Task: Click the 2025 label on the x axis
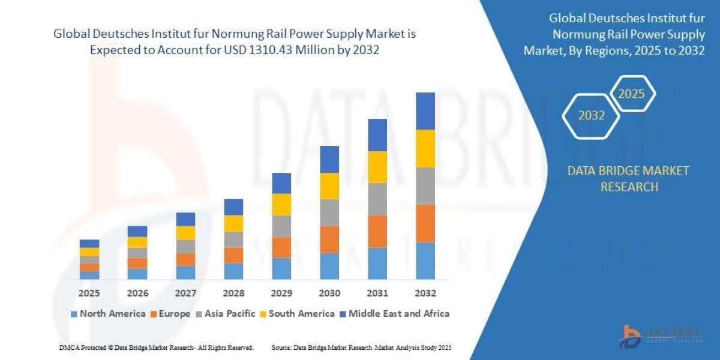pos(89,293)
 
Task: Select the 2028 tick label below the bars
pos(233,293)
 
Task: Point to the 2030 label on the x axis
pos(329,293)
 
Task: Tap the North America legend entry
pos(108,313)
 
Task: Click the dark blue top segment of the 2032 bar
pos(425,111)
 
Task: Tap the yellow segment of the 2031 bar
pos(377,167)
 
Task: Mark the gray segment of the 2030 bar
pos(329,212)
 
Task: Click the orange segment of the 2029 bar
pos(281,247)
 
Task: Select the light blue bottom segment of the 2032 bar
pos(425,261)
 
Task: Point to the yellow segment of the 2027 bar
pos(185,233)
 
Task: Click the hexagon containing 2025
pos(631,94)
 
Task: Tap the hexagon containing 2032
pos(592,116)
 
